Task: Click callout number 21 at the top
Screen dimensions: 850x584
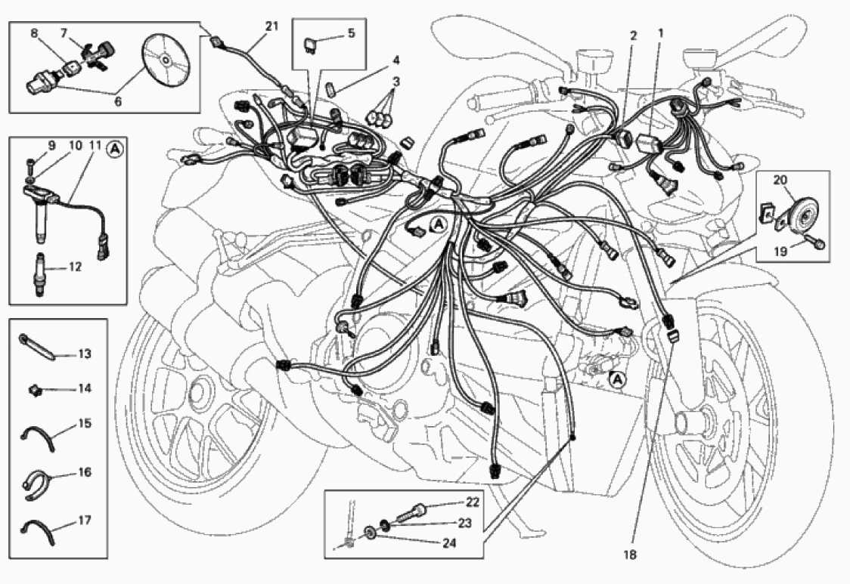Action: (271, 26)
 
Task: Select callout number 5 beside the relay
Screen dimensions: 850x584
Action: (352, 33)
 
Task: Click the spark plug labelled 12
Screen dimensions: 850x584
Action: (39, 274)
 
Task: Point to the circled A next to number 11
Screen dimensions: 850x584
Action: (114, 148)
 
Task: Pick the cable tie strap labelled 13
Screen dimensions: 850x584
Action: (36, 348)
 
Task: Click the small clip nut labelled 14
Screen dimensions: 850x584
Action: (36, 388)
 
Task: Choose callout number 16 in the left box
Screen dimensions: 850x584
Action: (85, 472)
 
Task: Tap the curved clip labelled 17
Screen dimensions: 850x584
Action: (38, 530)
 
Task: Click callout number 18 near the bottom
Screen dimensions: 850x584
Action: (630, 555)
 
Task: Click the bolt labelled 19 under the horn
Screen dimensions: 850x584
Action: (814, 240)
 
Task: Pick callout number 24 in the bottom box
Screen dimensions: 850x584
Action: (449, 543)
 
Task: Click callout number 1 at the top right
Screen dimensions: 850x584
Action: (661, 32)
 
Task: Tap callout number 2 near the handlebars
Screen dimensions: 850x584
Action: (633, 36)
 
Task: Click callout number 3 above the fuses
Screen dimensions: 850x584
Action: (396, 82)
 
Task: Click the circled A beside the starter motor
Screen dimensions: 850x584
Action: (616, 381)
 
